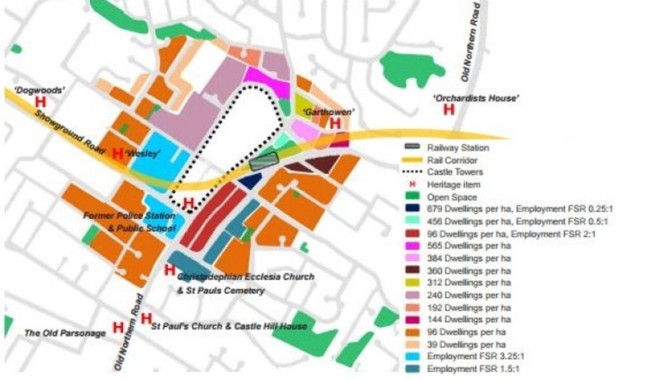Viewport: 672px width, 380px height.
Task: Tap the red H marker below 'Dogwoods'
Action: (x=41, y=103)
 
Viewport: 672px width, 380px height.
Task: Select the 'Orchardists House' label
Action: (x=476, y=98)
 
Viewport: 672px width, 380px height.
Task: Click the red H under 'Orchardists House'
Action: (x=449, y=109)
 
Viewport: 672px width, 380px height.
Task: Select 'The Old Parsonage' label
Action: (x=65, y=333)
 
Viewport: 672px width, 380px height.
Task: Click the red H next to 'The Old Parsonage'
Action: (x=118, y=327)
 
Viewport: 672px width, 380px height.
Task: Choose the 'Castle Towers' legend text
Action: (x=453, y=172)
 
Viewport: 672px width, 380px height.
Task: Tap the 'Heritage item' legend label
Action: (x=453, y=185)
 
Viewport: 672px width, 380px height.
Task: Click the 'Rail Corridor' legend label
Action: (x=451, y=160)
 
